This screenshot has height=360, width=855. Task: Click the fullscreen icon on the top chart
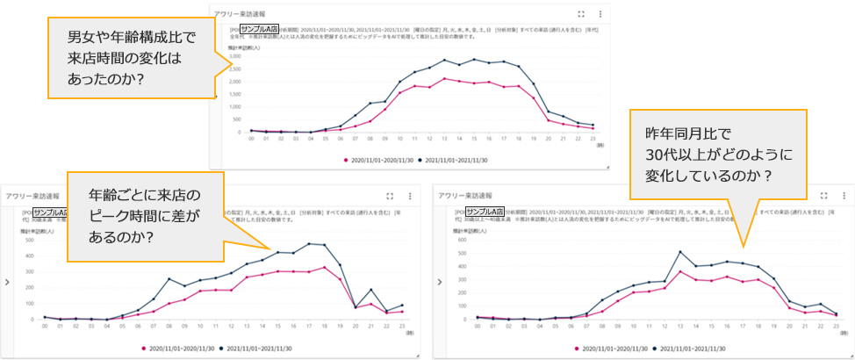[581, 14]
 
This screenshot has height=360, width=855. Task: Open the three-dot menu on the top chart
[600, 14]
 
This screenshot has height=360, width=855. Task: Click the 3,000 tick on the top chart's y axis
[234, 56]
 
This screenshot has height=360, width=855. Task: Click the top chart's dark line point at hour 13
[445, 60]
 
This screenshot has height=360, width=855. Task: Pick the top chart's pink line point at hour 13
[445, 79]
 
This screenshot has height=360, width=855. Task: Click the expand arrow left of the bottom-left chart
[7, 282]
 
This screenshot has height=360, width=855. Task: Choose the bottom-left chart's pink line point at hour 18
[324, 266]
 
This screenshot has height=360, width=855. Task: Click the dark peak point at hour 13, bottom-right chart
[679, 252]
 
